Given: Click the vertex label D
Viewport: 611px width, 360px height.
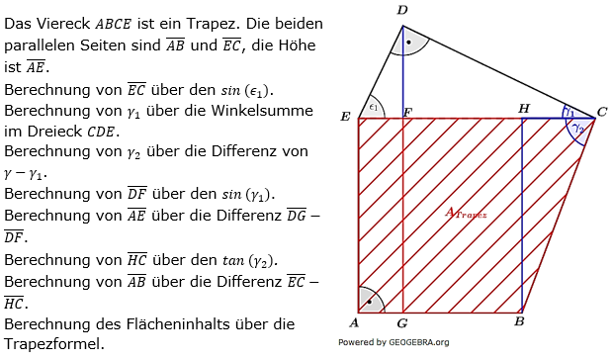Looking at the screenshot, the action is [401, 9].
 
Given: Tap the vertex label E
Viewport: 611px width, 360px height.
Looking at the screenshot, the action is [345, 117].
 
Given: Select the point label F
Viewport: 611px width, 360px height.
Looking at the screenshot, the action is [407, 111].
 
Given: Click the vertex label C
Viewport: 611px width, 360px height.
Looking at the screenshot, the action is [601, 112].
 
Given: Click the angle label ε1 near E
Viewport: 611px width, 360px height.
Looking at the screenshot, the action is [373, 107].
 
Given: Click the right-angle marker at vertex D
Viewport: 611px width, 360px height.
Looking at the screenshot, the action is [408, 43].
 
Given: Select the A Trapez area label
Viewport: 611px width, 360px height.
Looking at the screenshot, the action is [465, 214].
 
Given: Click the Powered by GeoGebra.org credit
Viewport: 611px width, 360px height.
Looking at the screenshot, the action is [393, 342].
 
